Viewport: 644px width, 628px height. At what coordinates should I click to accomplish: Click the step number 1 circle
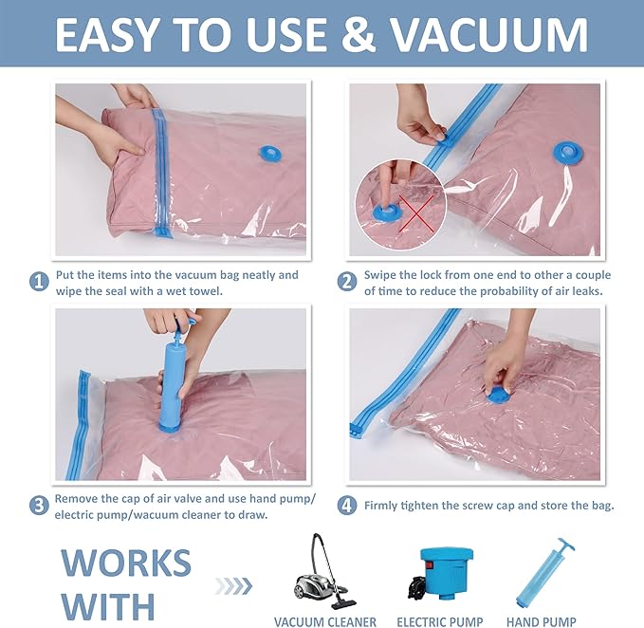tap(39, 282)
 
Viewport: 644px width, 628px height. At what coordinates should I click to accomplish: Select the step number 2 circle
tap(348, 282)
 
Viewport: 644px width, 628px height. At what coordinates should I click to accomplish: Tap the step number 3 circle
tap(39, 505)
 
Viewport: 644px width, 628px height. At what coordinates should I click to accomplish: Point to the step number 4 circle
tap(348, 505)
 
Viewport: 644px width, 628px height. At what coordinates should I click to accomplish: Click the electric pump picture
tap(439, 570)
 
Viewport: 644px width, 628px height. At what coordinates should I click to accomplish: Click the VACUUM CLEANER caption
tap(325, 621)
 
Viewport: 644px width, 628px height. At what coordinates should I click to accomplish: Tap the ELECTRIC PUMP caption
tap(440, 621)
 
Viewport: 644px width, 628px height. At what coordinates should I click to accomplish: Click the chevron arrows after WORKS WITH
tap(232, 584)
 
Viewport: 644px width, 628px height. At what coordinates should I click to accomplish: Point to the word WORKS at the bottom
tap(126, 563)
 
